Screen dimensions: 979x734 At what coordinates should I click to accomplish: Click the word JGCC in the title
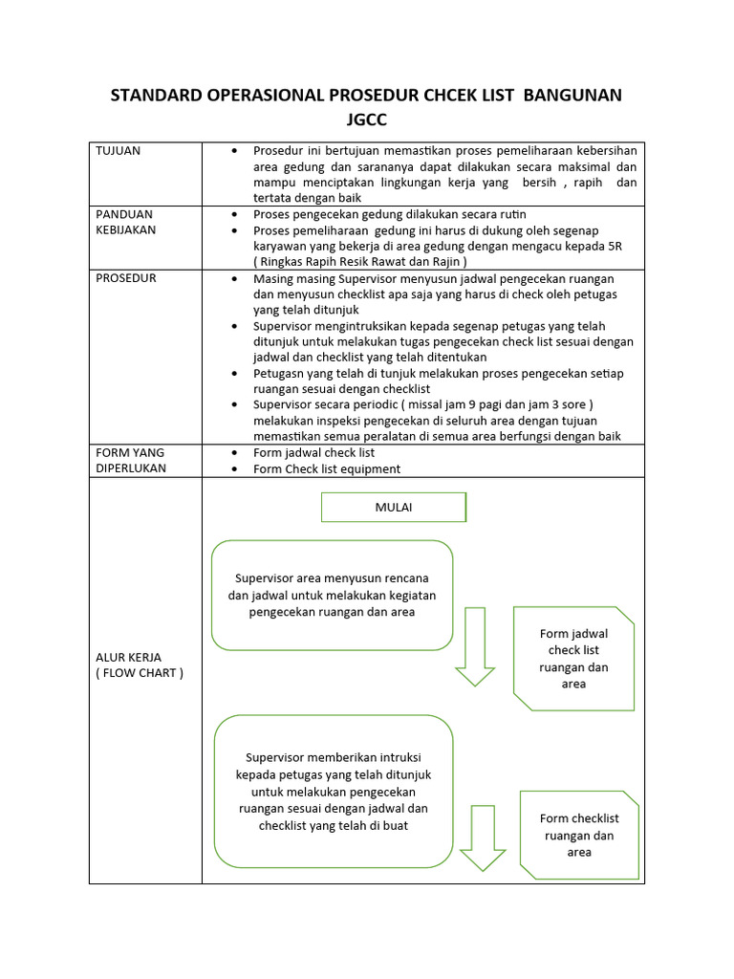coord(366,120)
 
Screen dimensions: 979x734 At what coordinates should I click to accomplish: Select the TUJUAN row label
coord(118,151)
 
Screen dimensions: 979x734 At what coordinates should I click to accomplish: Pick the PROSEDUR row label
coord(126,278)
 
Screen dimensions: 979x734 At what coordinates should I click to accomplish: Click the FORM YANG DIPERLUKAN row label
coord(131,460)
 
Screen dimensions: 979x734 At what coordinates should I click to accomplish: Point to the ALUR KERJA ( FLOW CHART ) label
coord(139,664)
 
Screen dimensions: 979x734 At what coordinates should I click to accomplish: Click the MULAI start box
coord(393,508)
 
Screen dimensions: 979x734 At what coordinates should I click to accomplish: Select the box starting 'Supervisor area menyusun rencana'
coord(332,595)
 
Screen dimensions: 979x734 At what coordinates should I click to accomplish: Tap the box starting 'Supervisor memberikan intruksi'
coord(334,791)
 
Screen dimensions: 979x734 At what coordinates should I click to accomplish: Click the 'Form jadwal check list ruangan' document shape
coord(573,658)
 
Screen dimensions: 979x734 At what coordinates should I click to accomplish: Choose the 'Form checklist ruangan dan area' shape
coord(579,835)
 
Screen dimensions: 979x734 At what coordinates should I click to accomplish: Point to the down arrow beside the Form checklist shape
coord(483,838)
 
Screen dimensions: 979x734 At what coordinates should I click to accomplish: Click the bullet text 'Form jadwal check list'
coord(313,452)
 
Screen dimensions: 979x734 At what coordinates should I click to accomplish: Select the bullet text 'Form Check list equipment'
coord(326,468)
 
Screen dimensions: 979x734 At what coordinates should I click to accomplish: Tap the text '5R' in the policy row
coord(615,246)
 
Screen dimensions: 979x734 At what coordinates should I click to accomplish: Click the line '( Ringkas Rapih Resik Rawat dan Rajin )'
coord(360,262)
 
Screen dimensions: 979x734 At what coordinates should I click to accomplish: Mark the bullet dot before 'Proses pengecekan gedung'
coord(235,214)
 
